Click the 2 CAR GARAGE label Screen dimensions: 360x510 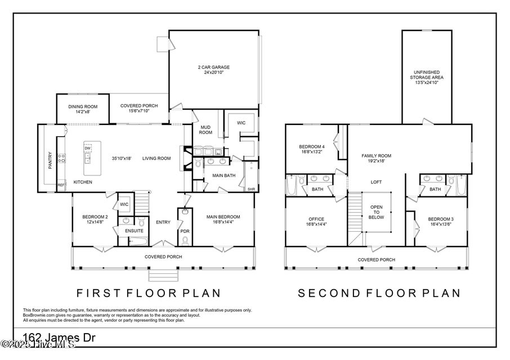pos(213,67)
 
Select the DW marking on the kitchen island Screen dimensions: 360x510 pos(87,148)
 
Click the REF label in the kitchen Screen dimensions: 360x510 pos(60,184)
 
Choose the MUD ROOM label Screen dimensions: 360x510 pos(206,130)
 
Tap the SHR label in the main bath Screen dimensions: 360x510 pos(251,189)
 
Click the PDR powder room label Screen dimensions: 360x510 pos(185,231)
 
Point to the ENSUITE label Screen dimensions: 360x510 pos(134,231)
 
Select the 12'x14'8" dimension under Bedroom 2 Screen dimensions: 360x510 pos(95,223)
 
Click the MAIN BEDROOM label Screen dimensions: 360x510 pos(223,217)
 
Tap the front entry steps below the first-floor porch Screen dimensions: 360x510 pos(163,276)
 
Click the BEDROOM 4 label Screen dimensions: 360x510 pos(311,146)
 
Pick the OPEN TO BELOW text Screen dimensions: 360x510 pos(376,211)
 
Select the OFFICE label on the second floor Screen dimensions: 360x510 pos(316,219)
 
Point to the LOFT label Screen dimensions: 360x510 pos(376,182)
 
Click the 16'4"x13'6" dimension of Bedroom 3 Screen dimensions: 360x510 pos(440,224)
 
